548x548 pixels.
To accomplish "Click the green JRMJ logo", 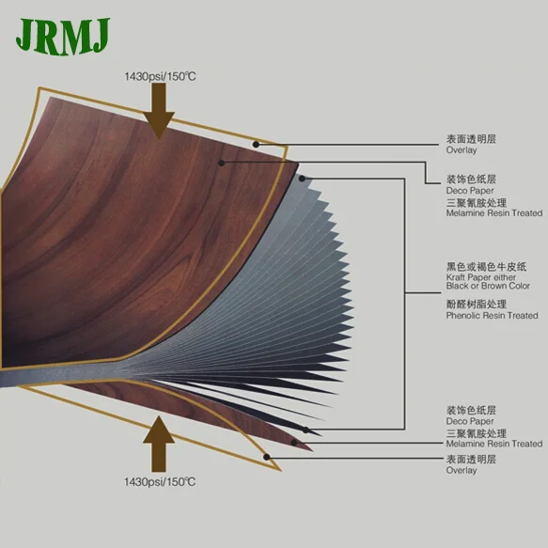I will pos(62,36).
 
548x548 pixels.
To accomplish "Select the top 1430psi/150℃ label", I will pos(159,75).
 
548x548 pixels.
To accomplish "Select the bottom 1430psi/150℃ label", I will pos(159,481).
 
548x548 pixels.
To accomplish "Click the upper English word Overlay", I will pos(461,150).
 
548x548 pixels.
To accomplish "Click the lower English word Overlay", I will pos(461,470).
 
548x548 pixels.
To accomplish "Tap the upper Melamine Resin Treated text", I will pos(493,212).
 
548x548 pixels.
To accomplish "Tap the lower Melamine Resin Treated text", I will pos(493,444).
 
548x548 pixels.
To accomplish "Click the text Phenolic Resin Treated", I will pos(492,316).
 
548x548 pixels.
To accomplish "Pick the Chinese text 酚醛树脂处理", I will pos(476,304).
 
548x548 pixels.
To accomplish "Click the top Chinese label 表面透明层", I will pos(470,139).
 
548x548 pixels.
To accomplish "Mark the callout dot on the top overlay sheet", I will pos(257,144).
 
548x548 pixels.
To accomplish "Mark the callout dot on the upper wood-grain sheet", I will pos(221,162).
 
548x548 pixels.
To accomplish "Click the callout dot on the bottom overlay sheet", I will pos(268,458).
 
